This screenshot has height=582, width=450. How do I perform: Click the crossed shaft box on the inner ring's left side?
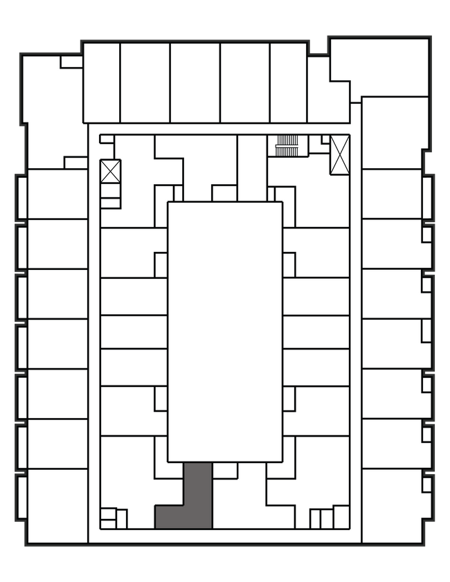click(111, 171)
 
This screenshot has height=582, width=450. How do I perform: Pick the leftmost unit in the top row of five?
click(102, 83)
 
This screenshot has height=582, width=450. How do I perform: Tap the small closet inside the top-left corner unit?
click(71, 62)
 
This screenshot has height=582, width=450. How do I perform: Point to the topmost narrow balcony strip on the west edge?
click(22, 197)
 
